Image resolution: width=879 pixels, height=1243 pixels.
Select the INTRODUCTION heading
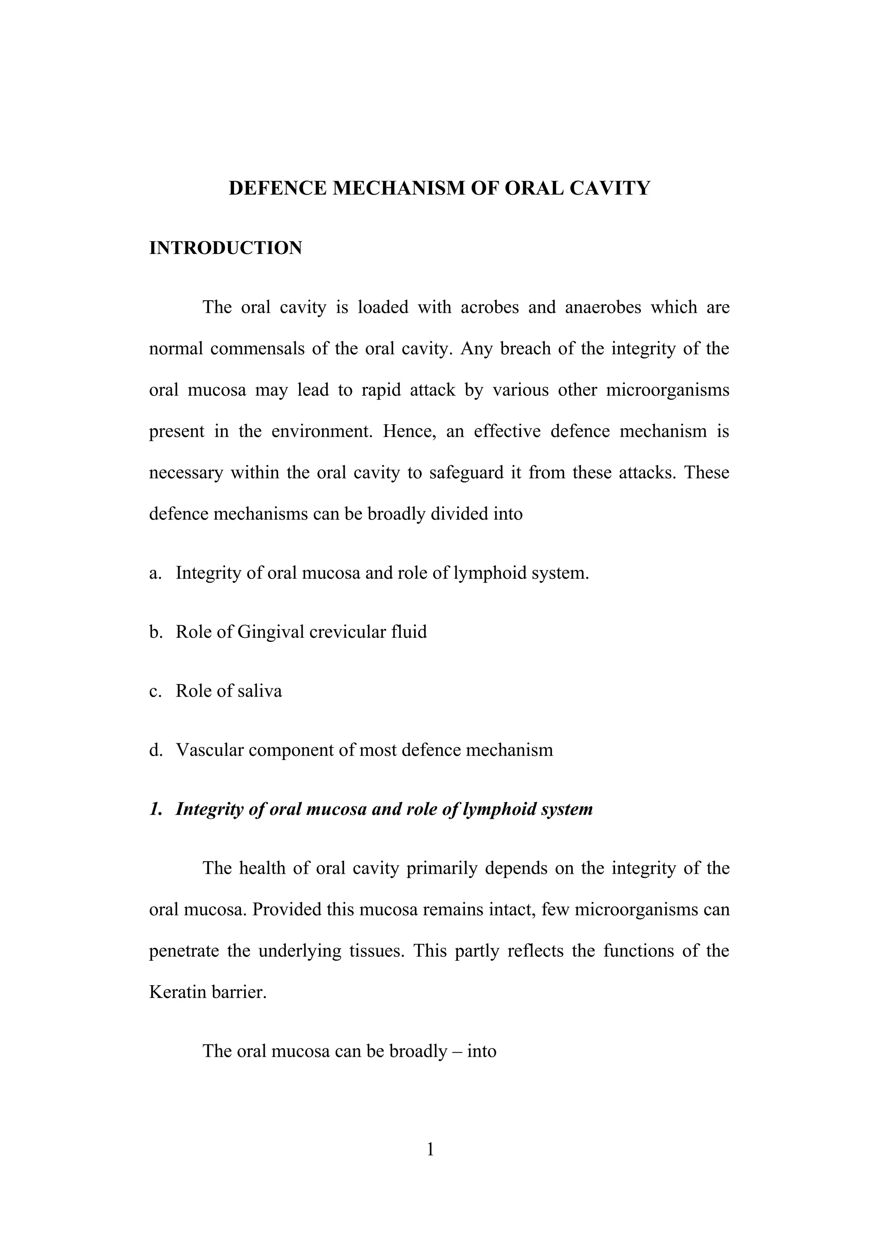pos(225,248)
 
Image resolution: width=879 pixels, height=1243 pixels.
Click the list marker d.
pos(155,750)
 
